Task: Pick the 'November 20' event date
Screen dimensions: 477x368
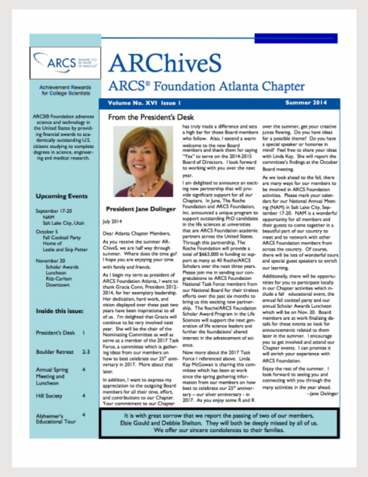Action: pos(50,260)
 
